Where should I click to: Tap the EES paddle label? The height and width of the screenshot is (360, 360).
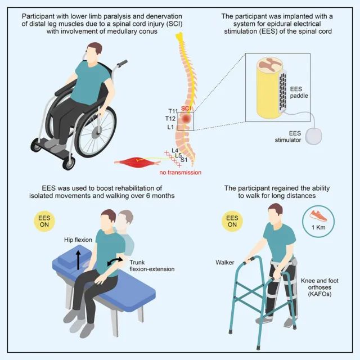click(x=299, y=92)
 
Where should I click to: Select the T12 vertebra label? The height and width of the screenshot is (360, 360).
click(x=170, y=119)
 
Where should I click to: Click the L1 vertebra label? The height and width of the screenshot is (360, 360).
click(x=170, y=127)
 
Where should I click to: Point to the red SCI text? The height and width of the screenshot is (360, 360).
click(x=186, y=109)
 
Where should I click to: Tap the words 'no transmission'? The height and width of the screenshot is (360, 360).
click(x=181, y=173)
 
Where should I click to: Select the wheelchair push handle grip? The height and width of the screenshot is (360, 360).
click(x=123, y=63)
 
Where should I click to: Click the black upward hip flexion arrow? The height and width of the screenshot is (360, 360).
click(x=78, y=260)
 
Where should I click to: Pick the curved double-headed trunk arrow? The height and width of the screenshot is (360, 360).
click(x=115, y=261)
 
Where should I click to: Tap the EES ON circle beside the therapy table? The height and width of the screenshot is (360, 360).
click(x=44, y=221)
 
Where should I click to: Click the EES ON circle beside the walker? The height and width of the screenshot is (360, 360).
click(x=232, y=221)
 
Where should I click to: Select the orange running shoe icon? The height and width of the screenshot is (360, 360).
click(x=318, y=216)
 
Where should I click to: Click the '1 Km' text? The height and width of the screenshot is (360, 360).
click(x=318, y=227)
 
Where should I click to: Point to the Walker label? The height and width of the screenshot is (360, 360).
click(x=225, y=263)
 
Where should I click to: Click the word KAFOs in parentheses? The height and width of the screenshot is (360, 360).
click(x=319, y=294)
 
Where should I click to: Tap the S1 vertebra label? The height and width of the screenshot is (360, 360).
click(x=184, y=160)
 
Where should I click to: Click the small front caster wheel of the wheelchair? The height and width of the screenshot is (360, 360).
click(x=69, y=163)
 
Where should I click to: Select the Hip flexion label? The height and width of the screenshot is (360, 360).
click(x=78, y=240)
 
